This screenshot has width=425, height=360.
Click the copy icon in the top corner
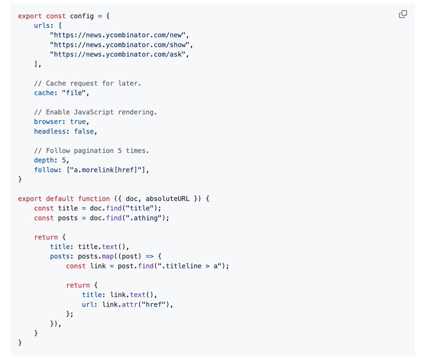click(403, 14)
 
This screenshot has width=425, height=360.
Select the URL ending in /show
click(121, 44)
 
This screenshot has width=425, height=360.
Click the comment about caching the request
click(87, 83)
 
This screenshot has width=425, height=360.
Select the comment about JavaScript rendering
click(95, 112)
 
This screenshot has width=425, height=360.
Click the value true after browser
click(78, 122)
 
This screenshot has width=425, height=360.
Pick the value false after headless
click(84, 131)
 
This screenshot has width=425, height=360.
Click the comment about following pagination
click(91, 150)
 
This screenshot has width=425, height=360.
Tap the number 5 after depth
click(64, 160)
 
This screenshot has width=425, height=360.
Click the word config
click(82, 16)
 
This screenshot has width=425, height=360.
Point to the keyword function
click(94, 199)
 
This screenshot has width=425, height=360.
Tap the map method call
click(107, 256)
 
